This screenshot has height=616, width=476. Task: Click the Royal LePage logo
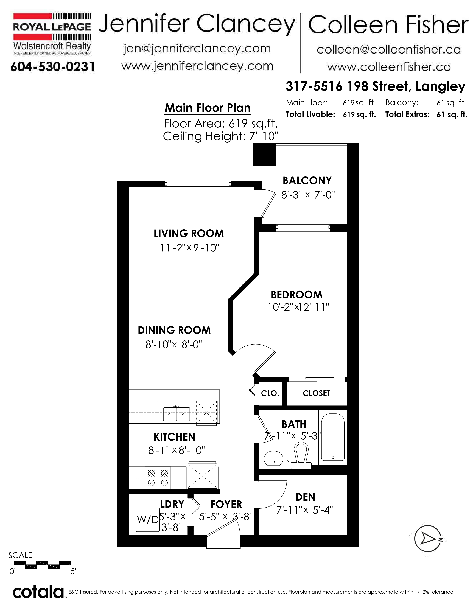[x=52, y=34]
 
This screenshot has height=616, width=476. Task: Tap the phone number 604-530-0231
[x=52, y=67]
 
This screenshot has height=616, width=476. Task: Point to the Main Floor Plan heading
[x=208, y=108]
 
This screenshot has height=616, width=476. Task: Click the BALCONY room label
[x=307, y=180]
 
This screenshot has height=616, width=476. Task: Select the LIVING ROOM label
[x=189, y=234]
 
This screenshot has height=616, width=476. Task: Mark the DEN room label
[x=305, y=497]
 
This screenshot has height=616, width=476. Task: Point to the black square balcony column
[x=264, y=155]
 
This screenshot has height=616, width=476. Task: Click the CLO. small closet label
[x=270, y=393]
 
